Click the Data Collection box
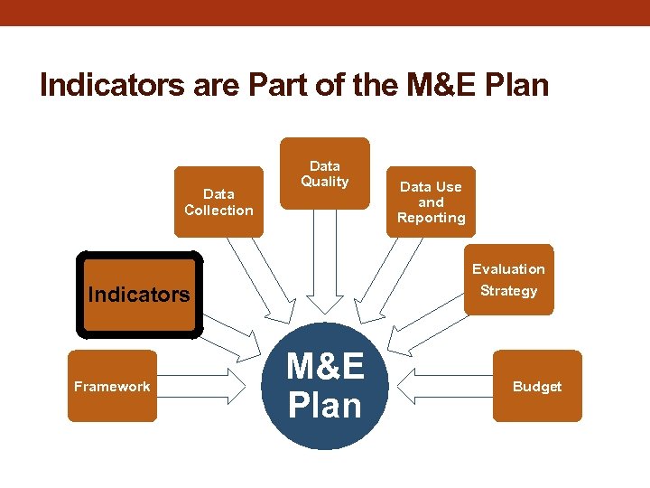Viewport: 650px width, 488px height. (218, 202)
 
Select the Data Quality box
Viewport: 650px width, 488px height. (325, 174)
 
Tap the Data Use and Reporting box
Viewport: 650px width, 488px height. (431, 202)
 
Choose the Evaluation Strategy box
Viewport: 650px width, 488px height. (508, 279)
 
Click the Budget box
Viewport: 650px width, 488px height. (537, 386)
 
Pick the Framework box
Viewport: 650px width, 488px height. (112, 386)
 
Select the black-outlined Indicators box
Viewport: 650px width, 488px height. (139, 295)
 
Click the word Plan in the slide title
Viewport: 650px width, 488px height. (516, 85)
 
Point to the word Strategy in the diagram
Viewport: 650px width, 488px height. (508, 291)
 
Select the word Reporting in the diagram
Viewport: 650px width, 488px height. (431, 218)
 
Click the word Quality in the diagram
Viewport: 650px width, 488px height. (325, 182)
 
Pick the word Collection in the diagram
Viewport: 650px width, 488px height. (218, 211)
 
